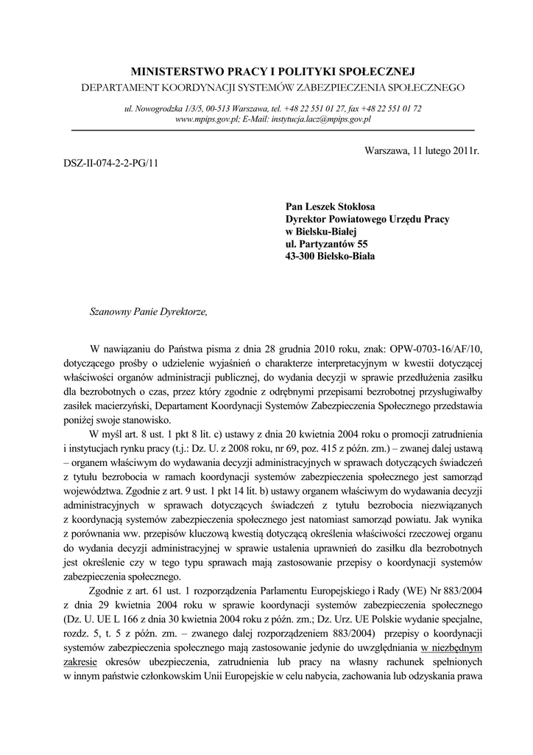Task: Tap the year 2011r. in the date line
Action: coord(463,150)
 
